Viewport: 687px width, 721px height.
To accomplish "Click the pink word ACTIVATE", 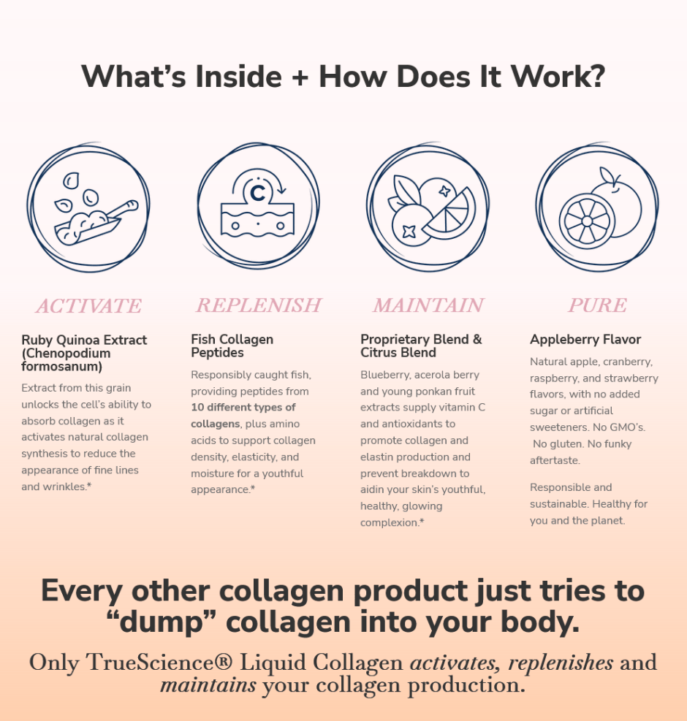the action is pos(89,306).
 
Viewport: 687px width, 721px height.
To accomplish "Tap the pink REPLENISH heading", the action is pos(259,305).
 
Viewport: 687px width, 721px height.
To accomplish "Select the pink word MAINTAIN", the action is pos(428,305).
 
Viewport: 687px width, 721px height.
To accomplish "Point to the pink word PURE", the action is pos(597,305).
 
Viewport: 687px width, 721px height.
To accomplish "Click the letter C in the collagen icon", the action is pos(258,193).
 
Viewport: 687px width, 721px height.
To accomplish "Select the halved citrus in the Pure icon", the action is pos(587,221).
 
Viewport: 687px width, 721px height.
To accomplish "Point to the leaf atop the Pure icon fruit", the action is pos(607,175).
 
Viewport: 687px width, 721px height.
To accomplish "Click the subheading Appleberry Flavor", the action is pos(585,340).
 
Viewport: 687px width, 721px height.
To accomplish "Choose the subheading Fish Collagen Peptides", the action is pos(232,346).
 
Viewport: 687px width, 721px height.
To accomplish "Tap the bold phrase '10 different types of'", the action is pos(243,408).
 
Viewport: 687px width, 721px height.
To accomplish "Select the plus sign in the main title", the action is pos(300,77).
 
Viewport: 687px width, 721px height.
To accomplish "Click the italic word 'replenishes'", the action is pos(561,663).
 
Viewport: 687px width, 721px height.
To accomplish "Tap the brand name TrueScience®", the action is pos(159,663).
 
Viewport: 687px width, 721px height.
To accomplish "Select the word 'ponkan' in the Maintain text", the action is pos(435,392).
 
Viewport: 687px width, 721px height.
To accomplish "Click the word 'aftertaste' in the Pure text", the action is pos(554,460).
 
